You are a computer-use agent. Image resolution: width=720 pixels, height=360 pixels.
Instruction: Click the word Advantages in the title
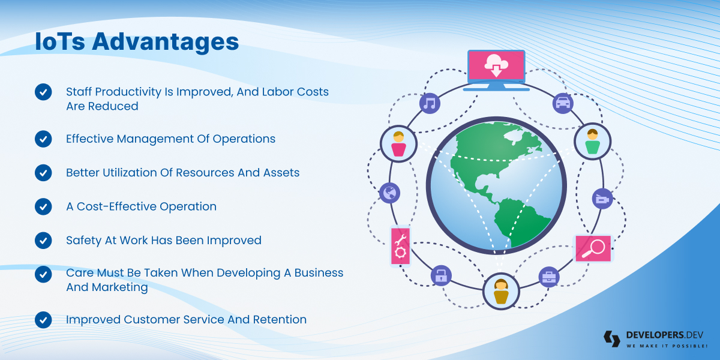(x=166, y=42)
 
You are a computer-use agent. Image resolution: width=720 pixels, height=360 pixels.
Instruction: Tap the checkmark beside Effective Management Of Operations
(x=43, y=139)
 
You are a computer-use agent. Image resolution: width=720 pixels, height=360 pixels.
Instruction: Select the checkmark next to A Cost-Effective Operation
(x=43, y=206)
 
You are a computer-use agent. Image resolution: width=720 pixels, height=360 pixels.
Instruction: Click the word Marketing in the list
(x=120, y=287)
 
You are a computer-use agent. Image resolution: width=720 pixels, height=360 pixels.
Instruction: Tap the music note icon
(x=430, y=103)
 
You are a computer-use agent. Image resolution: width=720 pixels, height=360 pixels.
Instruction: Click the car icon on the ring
(x=563, y=103)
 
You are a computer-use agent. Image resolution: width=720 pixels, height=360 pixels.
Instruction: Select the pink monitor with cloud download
(x=496, y=70)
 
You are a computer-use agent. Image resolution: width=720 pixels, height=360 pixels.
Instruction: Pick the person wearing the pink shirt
(x=398, y=143)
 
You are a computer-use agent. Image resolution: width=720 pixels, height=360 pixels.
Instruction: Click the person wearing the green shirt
(x=592, y=142)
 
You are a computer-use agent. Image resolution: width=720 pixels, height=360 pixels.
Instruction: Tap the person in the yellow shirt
(x=501, y=291)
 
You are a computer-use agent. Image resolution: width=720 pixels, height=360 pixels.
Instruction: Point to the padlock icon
(x=441, y=275)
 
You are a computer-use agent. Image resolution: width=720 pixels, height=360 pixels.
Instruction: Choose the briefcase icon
(x=549, y=277)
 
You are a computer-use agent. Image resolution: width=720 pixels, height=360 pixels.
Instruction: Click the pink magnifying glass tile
(x=593, y=248)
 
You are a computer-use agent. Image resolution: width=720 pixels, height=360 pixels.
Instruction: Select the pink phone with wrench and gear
(x=401, y=246)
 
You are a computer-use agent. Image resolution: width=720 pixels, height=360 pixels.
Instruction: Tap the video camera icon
(x=602, y=199)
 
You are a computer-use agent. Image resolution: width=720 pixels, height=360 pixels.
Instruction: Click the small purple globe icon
(x=389, y=193)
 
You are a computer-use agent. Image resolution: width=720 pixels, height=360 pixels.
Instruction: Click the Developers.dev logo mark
(x=611, y=339)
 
